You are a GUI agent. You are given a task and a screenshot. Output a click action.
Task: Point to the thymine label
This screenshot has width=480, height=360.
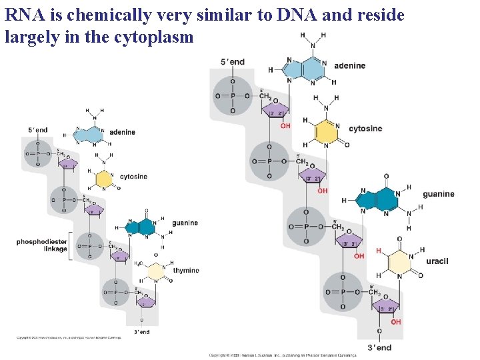pyautogui.click(x=186, y=271)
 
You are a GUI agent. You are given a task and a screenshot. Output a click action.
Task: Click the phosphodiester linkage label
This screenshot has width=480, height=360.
pyautogui.click(x=42, y=245)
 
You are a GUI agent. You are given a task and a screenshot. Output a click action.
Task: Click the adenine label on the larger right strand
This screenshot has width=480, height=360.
pyautogui.click(x=349, y=65)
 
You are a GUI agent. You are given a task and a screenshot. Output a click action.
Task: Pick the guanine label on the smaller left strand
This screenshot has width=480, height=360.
pyautogui.click(x=185, y=223)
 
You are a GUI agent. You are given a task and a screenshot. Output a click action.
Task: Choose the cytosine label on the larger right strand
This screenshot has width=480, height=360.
pyautogui.click(x=365, y=128)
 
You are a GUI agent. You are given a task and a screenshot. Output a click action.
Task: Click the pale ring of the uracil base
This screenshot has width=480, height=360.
pyautogui.click(x=399, y=263)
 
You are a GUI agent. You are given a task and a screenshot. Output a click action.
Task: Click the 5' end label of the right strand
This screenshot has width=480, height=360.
pyautogui.click(x=233, y=62)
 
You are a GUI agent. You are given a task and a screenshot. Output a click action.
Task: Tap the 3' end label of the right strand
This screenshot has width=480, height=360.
pyautogui.click(x=379, y=347)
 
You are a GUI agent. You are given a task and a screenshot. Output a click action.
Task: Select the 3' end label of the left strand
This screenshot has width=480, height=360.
pyautogui.click(x=141, y=331)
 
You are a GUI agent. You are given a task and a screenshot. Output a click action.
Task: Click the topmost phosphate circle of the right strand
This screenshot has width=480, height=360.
pyautogui.click(x=233, y=96)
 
